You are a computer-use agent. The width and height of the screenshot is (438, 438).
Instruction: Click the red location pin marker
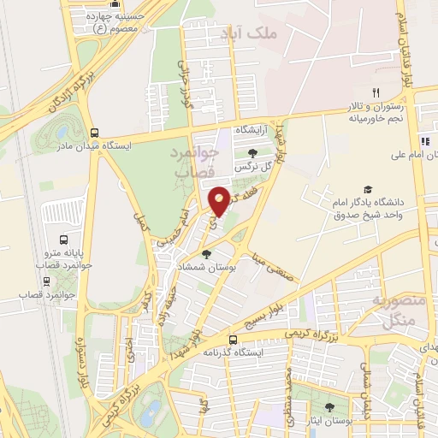point(220,200)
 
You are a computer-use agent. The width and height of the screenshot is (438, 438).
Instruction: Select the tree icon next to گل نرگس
point(251,152)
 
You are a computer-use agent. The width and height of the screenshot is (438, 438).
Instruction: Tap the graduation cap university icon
point(368,190)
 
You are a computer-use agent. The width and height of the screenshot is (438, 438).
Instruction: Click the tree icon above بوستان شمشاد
point(205,253)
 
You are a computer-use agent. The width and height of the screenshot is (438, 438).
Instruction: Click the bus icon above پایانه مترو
point(62,241)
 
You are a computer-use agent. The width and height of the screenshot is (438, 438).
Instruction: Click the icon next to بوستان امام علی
point(423,141)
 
